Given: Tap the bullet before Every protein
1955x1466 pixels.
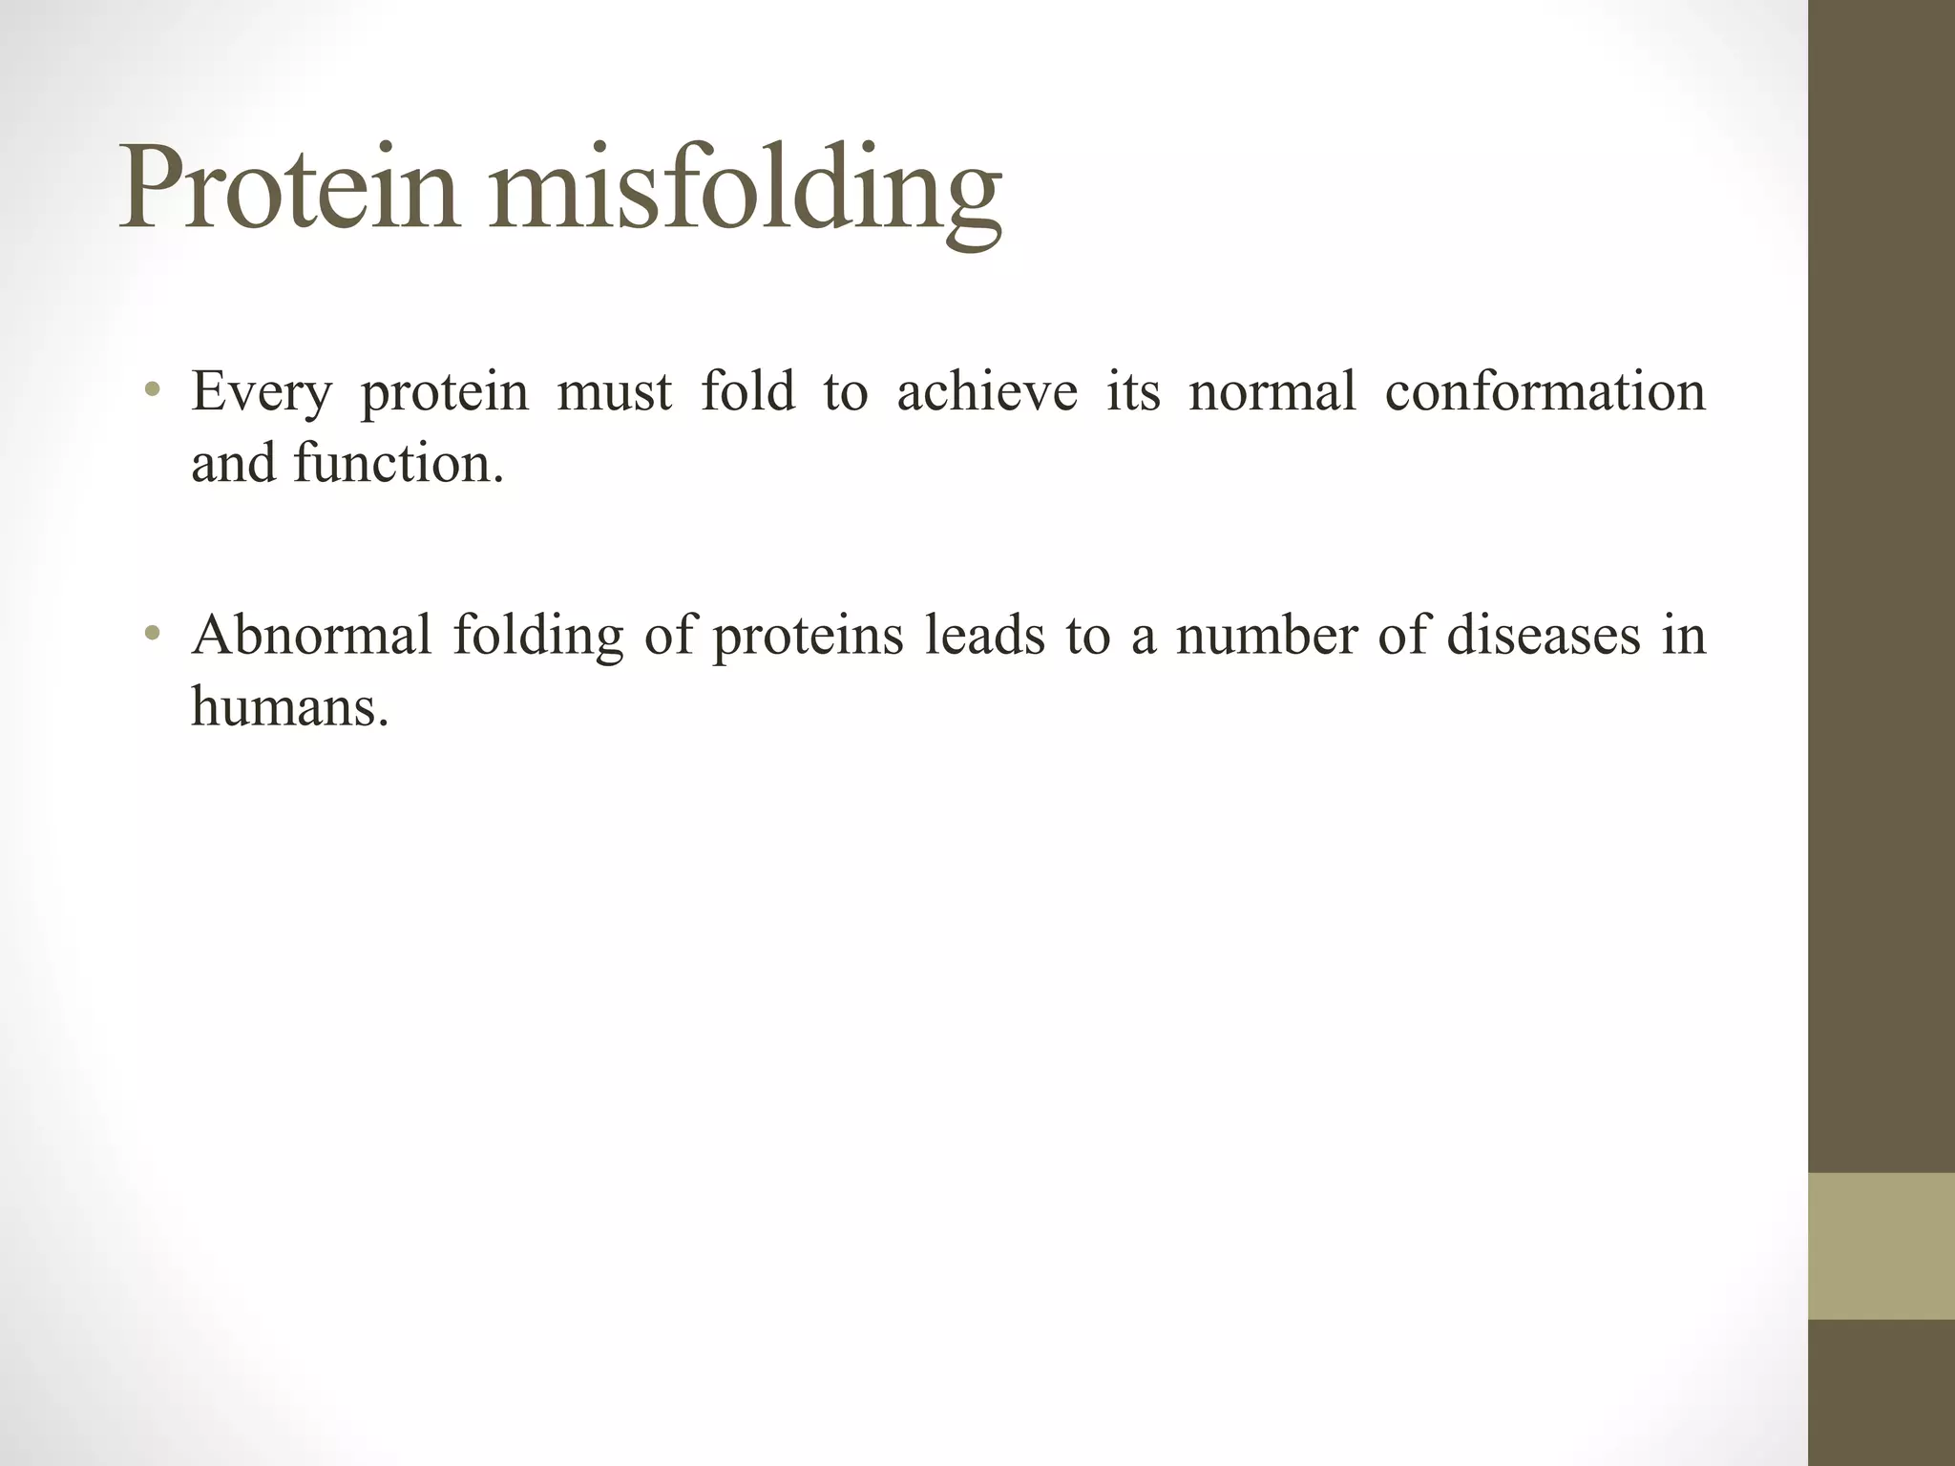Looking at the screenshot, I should [152, 390].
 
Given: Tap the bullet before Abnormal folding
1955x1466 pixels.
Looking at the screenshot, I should [152, 634].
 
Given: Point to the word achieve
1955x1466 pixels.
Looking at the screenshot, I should [987, 392].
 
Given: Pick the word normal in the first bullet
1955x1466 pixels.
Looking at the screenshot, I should [1272, 392].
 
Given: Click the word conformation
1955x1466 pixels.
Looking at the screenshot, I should [1544, 392].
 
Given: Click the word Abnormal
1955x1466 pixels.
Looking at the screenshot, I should [311, 636].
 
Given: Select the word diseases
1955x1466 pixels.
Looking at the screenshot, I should [1544, 636].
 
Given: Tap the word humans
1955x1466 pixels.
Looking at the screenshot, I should [289, 707].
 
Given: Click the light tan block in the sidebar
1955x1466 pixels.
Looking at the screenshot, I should [1881, 1246].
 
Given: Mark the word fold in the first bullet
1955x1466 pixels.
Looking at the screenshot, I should [747, 392].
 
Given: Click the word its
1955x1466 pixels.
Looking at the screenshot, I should [1133, 392].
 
